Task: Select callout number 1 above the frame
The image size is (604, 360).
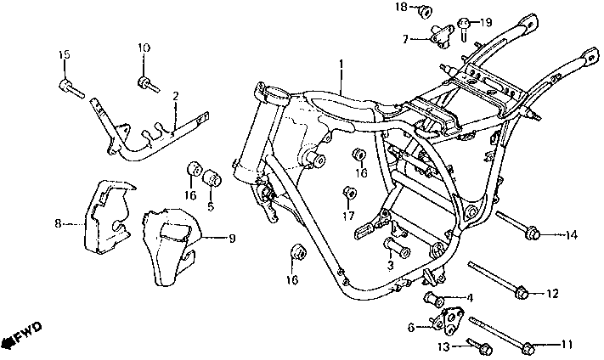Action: (341, 64)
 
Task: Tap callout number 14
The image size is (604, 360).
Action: (571, 235)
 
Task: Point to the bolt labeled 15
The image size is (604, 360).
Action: (71, 89)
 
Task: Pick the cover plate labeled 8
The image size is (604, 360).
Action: (109, 218)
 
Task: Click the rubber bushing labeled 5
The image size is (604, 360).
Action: (212, 177)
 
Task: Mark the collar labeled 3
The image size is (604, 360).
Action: (397, 248)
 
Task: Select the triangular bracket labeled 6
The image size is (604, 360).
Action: (448, 322)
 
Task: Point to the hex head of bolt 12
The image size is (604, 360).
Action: (522, 292)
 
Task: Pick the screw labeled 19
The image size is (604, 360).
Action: (464, 28)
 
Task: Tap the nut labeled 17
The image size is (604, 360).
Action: (350, 193)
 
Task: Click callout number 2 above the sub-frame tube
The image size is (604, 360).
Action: (176, 96)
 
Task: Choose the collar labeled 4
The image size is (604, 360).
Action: (434, 300)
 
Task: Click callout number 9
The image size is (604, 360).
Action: (232, 239)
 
